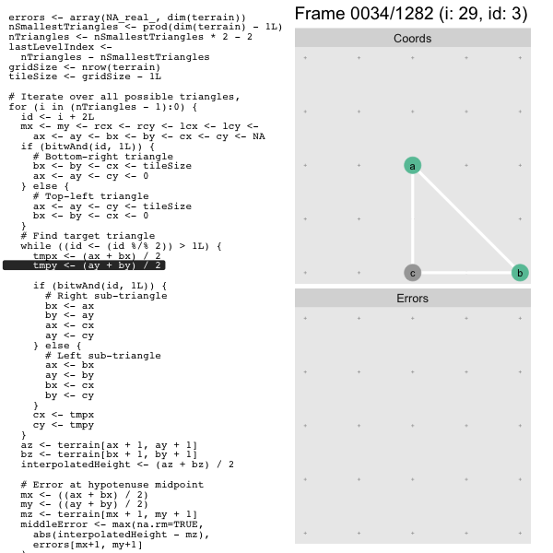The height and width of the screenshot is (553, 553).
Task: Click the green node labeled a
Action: pos(412,165)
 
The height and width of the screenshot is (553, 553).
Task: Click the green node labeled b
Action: pos(520,273)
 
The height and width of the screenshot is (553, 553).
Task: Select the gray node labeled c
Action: pos(412,273)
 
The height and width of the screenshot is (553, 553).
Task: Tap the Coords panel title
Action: pos(412,38)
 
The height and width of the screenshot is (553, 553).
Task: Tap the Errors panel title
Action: pos(412,299)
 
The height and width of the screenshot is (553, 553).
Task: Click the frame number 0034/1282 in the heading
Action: pos(392,14)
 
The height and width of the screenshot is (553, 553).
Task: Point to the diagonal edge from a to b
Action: pos(466,219)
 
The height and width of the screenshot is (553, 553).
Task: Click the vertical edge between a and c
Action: pos(412,219)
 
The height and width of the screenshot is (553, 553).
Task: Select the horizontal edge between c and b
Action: pos(466,273)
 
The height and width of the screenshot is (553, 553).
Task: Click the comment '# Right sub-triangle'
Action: pos(106,296)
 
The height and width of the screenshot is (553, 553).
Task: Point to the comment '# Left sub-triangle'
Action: pos(103,356)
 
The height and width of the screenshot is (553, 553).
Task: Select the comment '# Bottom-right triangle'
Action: pos(103,157)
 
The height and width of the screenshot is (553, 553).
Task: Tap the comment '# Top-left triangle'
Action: pos(90,196)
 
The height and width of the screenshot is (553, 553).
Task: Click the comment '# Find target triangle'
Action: pos(88,236)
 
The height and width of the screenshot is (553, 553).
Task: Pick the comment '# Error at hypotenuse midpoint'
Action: pos(112,485)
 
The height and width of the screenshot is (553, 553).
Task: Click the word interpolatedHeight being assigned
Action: pos(76,465)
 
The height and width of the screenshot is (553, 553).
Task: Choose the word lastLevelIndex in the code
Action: pos(51,47)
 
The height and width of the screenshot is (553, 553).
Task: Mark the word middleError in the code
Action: pos(54,524)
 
